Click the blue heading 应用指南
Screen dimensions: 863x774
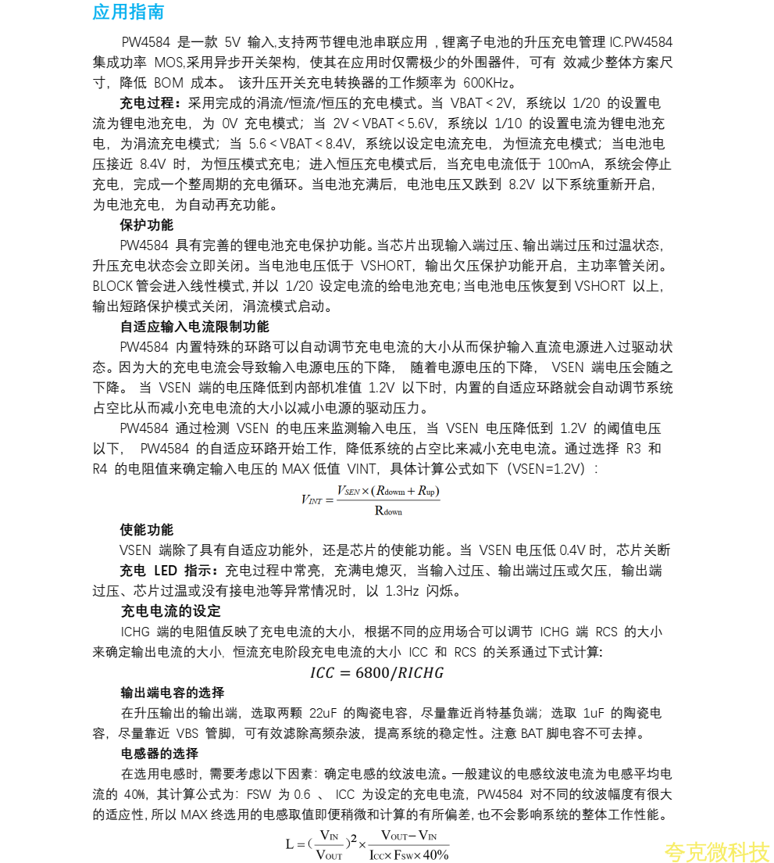(128, 13)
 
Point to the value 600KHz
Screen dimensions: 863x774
(489, 83)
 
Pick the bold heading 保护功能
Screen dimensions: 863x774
(147, 225)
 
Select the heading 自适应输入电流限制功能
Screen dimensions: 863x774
(194, 327)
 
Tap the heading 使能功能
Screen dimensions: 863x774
(147, 530)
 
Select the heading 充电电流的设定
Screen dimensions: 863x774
(171, 611)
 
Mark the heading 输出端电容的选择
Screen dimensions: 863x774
(172, 693)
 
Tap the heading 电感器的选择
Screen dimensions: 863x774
(159, 754)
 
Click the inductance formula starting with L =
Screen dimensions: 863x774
(367, 844)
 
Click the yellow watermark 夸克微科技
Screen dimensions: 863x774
(717, 851)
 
